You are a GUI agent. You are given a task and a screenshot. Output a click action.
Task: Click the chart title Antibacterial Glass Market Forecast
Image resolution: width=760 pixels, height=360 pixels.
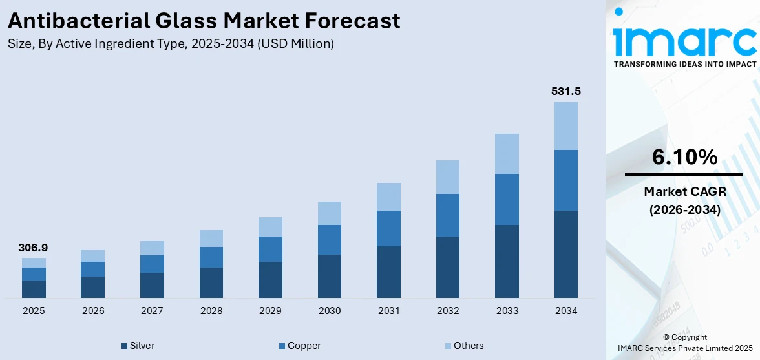pos(204,21)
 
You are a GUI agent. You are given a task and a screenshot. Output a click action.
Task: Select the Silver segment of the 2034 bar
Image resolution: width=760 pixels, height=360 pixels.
pos(565,254)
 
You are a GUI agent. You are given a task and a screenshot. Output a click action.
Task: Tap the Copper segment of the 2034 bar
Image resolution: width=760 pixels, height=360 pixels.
pos(565,180)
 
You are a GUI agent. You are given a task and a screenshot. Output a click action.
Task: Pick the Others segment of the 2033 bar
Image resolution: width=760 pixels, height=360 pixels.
pos(507,154)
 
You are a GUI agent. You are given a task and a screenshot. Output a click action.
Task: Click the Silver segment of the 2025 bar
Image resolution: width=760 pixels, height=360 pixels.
pos(34,289)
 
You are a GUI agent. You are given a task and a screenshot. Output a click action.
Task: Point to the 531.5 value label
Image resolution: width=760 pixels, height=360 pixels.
pos(565,91)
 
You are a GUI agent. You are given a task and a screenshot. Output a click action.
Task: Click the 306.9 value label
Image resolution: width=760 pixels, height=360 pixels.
pos(34,248)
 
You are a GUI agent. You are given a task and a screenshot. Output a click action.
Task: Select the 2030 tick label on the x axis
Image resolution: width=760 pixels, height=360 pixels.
pos(330,311)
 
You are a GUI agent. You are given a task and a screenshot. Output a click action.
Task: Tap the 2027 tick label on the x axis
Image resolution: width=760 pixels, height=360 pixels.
pos(152,311)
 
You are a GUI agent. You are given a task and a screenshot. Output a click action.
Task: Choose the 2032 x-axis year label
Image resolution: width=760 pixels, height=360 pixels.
pos(448,311)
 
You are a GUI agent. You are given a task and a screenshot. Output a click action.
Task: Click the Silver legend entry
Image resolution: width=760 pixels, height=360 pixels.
pos(138,346)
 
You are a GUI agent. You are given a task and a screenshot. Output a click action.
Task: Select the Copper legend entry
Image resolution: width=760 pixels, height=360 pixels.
pos(299,346)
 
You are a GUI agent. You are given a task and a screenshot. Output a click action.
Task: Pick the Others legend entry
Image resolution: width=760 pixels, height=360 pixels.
pos(464,346)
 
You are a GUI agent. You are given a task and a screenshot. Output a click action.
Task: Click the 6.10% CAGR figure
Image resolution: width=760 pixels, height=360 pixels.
pos(684,156)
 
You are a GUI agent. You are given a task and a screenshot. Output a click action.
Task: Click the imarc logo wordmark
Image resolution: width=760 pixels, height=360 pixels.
pos(684,40)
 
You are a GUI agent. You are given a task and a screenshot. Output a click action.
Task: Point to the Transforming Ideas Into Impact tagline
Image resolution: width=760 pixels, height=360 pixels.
pos(684,64)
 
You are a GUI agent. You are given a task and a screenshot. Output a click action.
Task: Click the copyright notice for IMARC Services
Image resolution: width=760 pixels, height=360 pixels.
pos(684,343)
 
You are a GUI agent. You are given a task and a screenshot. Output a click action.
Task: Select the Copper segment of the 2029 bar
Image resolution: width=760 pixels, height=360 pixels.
pos(270,249)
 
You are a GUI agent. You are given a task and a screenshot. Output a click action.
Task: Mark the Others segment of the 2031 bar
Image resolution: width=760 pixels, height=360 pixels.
pos(388,196)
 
